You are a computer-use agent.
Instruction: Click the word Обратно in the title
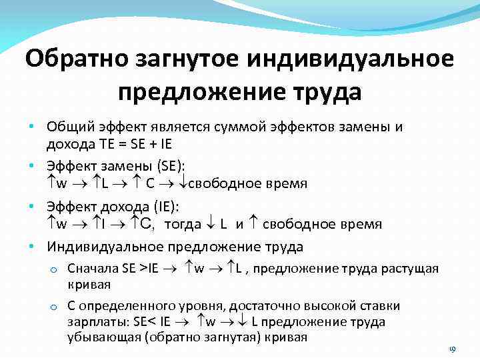[78, 58]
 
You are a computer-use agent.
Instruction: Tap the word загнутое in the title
[191, 58]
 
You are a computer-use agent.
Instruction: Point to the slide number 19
[451, 350]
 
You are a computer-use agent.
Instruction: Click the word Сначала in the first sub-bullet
[92, 268]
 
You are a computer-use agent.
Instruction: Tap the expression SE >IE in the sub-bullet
[139, 268]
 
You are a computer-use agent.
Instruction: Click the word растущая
[410, 268]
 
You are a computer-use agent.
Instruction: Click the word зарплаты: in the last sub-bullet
[98, 322]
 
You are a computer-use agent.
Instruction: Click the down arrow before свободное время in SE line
[183, 183]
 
